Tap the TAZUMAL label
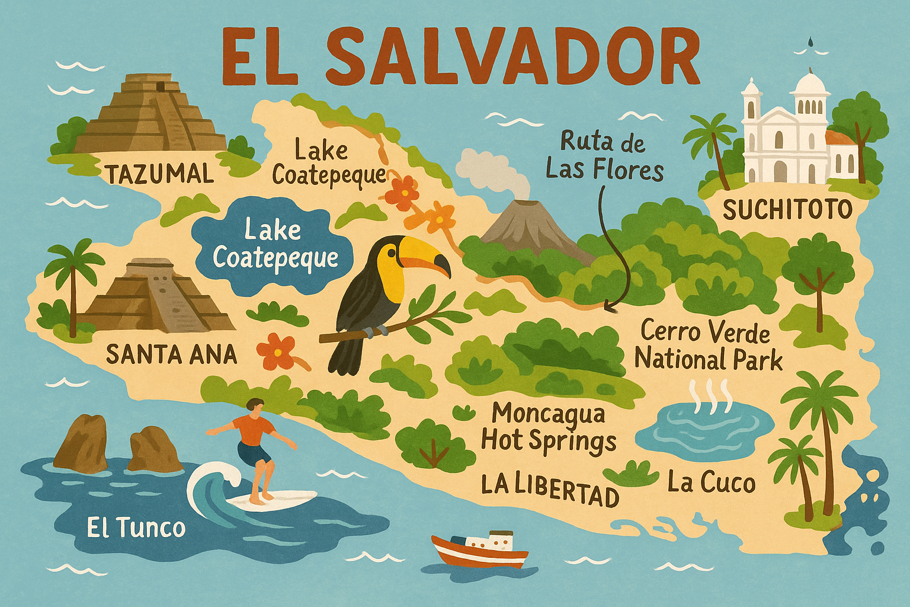pyautogui.click(x=159, y=174)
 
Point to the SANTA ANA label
pyautogui.click(x=171, y=354)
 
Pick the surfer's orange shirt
pyautogui.click(x=253, y=429)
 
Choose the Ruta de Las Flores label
pyautogui.click(x=604, y=157)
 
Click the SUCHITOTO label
pyautogui.click(x=787, y=209)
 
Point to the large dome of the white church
pyautogui.click(x=810, y=87)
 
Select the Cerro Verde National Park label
pyautogui.click(x=708, y=346)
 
